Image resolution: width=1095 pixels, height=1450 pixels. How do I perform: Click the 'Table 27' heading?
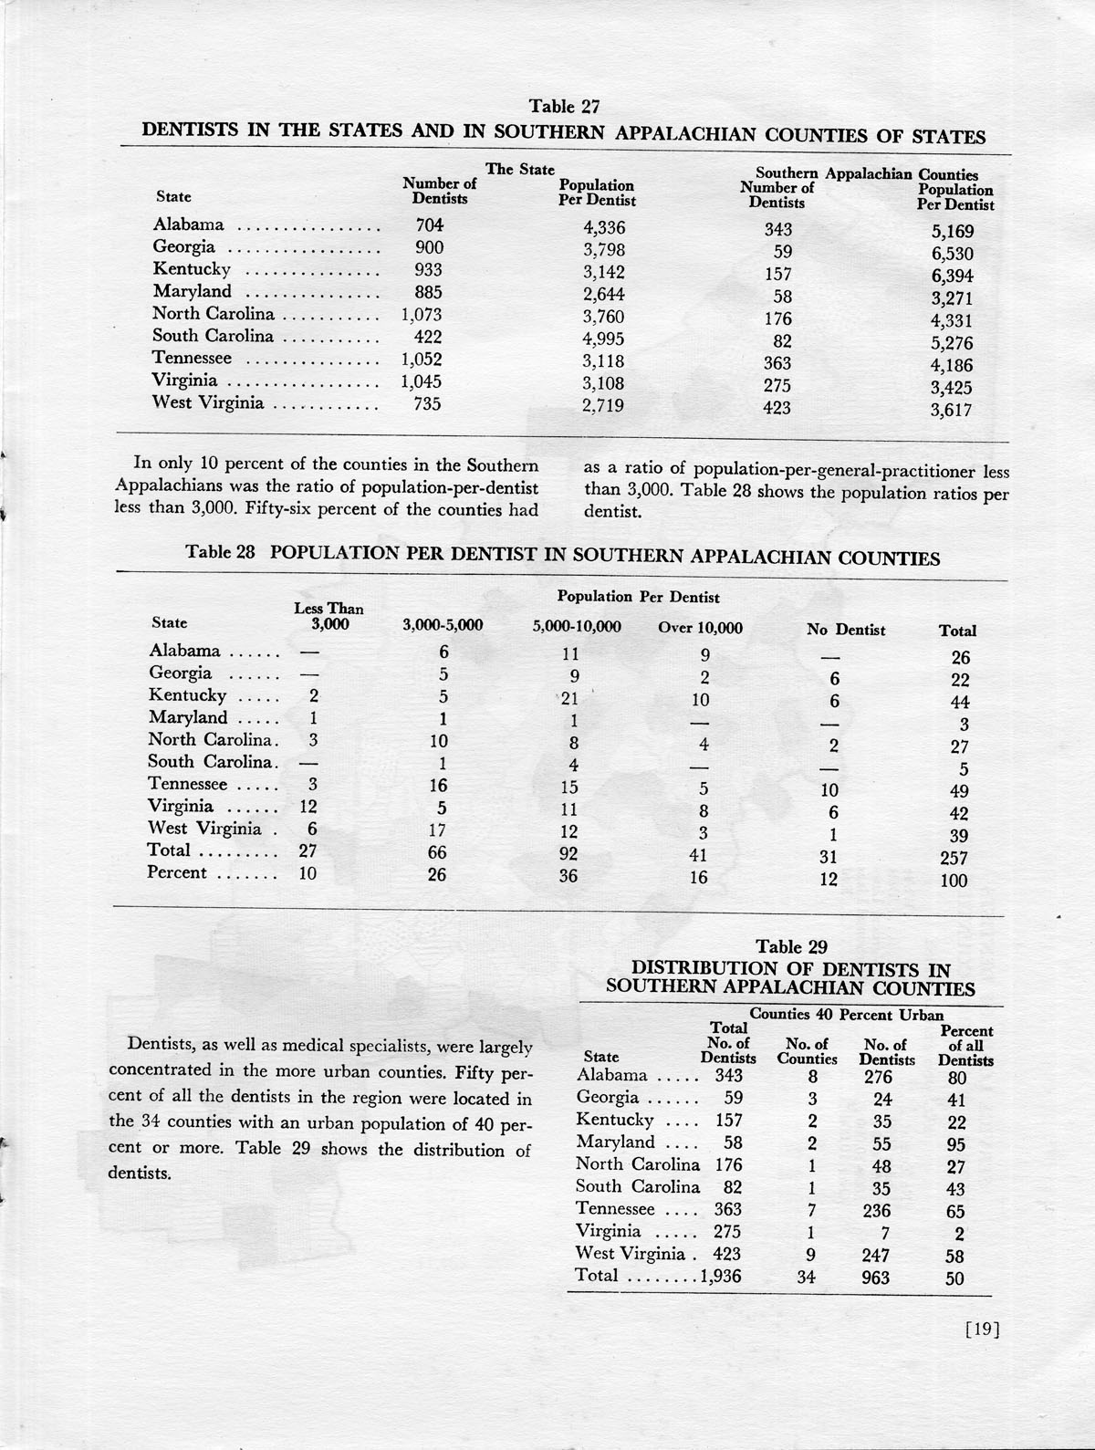(x=565, y=107)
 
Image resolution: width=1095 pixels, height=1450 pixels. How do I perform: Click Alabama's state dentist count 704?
(x=429, y=225)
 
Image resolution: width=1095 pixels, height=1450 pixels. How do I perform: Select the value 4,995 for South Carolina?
(x=603, y=338)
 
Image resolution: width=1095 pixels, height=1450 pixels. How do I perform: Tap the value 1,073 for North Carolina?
(x=422, y=315)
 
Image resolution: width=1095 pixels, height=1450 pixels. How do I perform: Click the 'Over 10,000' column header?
(x=700, y=628)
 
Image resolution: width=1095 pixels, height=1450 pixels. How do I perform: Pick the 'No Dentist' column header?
(x=846, y=630)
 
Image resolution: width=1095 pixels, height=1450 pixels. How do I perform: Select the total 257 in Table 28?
(x=954, y=859)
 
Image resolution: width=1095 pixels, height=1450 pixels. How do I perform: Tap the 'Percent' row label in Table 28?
(x=177, y=873)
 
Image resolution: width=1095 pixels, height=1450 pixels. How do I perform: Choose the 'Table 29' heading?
(x=791, y=947)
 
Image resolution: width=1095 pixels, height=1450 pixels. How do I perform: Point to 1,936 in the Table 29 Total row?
(x=720, y=1277)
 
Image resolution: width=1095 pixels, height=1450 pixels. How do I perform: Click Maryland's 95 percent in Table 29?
(x=955, y=1145)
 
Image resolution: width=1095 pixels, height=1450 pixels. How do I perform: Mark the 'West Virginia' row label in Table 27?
(x=208, y=402)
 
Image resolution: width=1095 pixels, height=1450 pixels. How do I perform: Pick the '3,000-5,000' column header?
(x=443, y=626)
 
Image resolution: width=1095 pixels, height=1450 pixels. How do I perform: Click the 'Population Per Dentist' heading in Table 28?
(x=638, y=598)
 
